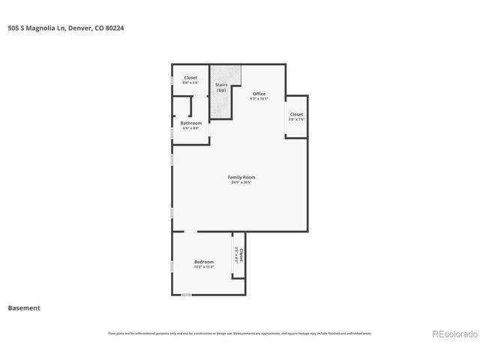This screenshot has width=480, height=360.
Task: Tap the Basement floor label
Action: tap(24, 307)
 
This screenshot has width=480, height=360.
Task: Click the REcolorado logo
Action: tap(451, 334)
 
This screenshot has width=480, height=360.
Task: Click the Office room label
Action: tap(258, 94)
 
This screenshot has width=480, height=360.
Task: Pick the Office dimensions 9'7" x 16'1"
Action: tap(258, 99)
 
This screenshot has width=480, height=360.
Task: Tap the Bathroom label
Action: tap(190, 123)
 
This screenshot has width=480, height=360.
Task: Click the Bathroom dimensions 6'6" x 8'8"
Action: tap(190, 128)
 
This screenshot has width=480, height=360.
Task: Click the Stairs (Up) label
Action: tap(222, 87)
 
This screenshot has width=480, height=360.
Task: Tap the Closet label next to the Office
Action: tap(296, 114)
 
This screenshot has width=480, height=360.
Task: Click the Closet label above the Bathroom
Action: tap(190, 77)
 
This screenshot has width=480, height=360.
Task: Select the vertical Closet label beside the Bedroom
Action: tap(241, 254)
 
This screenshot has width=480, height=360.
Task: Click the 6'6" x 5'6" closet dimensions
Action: tap(190, 82)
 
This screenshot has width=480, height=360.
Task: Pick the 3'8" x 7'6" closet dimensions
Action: tap(296, 119)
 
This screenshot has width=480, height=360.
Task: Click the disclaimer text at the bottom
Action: tap(239, 333)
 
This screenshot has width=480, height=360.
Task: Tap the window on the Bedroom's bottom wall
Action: tap(186, 295)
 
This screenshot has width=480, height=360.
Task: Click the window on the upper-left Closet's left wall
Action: tap(172, 79)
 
